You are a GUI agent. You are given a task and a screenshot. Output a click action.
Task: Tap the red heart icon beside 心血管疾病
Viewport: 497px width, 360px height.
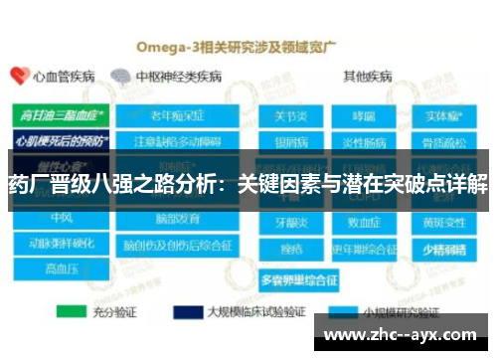pyautogui.click(x=18, y=77)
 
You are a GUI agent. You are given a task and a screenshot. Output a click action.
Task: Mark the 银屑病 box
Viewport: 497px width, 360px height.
pyautogui.click(x=289, y=139)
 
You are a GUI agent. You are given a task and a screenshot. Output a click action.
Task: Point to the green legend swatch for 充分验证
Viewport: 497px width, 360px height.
pyautogui.click(x=74, y=312)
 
